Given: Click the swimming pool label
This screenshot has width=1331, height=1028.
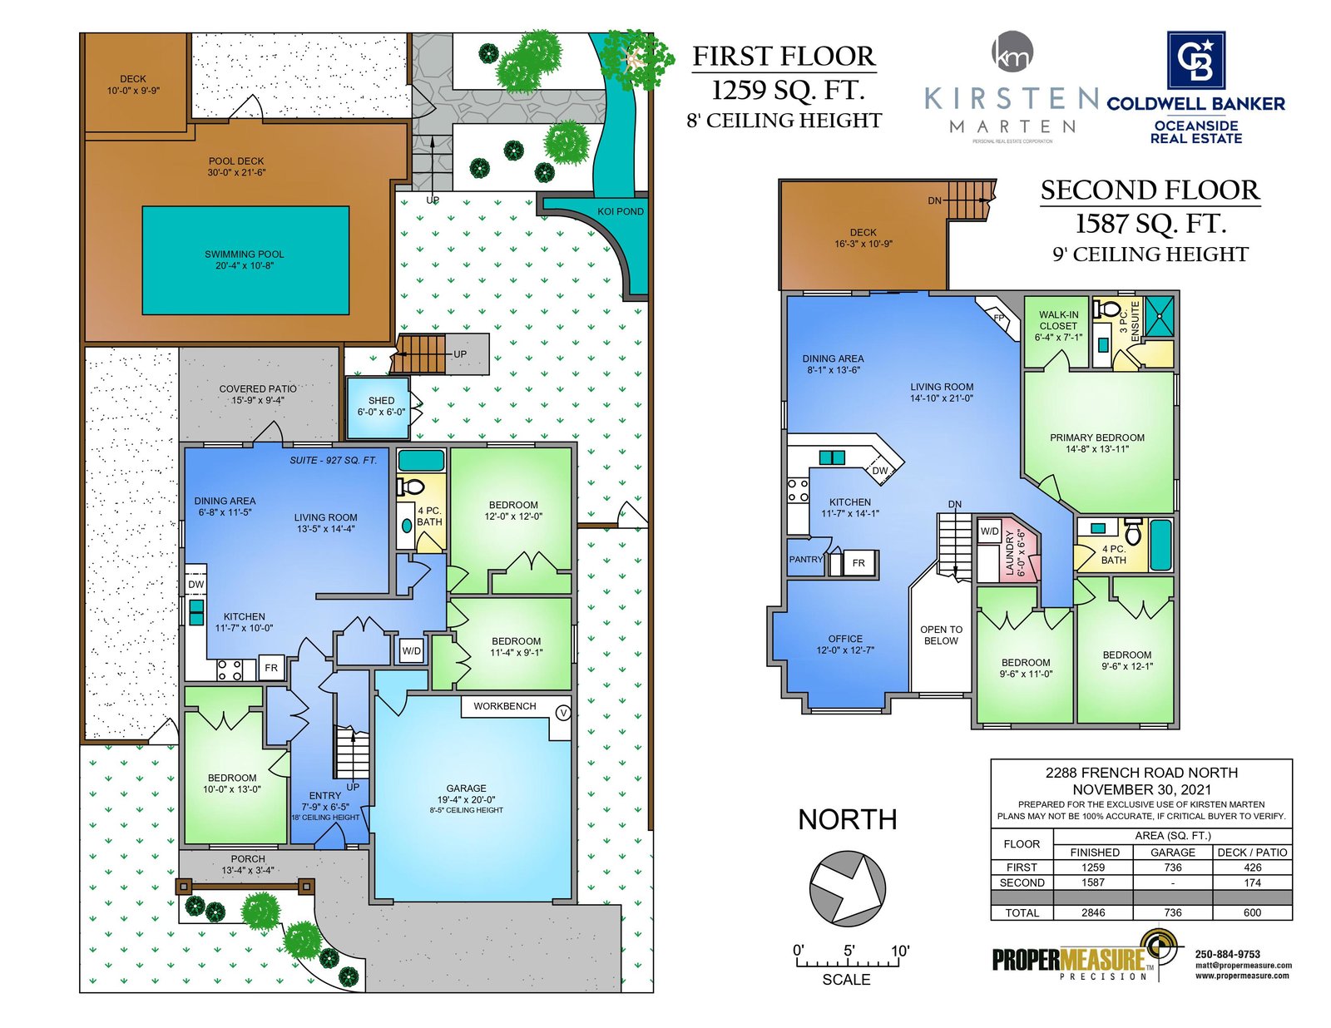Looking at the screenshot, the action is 244,259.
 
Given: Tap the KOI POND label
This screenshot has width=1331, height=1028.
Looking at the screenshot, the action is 620,211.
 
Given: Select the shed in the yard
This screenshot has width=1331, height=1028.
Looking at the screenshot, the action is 378,408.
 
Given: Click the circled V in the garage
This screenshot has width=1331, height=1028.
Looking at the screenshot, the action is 562,713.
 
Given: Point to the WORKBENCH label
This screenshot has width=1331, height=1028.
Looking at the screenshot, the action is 504,706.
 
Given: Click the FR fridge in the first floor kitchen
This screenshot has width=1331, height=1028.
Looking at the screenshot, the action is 270,668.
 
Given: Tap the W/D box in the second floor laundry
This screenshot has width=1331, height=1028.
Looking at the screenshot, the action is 989,531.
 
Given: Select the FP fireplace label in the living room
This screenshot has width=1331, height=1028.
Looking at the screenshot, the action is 998,318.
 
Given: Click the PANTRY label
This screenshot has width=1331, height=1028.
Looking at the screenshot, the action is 805,559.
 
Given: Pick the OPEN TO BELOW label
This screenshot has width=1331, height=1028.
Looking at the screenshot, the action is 941,635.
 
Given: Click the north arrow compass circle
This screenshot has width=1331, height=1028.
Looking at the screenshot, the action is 847,888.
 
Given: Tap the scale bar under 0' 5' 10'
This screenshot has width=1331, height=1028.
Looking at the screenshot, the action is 847,962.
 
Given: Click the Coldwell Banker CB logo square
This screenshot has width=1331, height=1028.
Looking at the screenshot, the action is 1195,60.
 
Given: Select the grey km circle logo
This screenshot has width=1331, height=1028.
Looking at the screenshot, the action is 1012,52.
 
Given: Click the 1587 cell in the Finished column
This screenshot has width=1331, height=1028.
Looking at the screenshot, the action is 1093,882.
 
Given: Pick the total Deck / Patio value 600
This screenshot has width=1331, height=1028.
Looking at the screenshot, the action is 1252,912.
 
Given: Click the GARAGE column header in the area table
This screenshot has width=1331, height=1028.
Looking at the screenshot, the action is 1172,853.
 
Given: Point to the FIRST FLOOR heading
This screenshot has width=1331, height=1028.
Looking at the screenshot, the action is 784,57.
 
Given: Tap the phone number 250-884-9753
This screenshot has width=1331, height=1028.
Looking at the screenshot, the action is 1228,954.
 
